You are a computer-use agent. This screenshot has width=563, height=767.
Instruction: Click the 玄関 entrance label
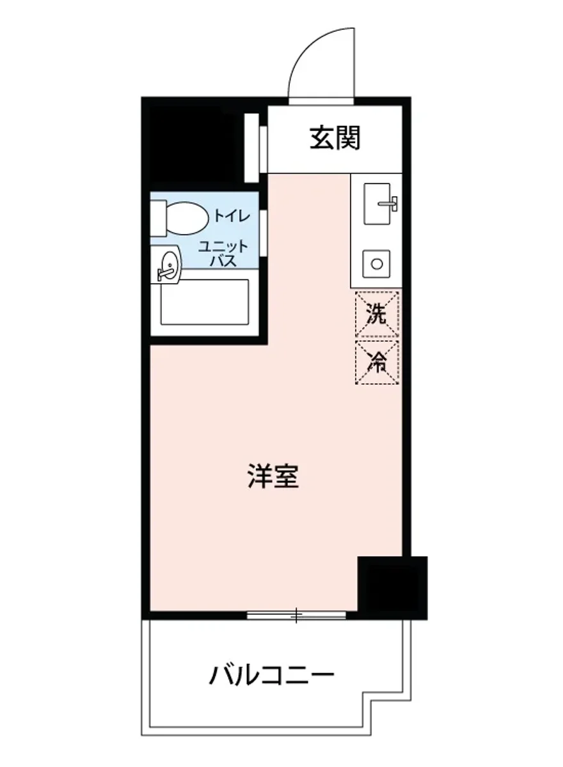(335, 138)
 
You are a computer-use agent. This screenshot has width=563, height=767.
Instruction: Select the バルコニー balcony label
(272, 675)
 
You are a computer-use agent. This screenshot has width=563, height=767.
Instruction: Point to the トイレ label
(232, 215)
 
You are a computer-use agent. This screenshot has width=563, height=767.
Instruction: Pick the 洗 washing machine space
(377, 314)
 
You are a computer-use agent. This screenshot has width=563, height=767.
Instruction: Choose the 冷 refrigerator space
(377, 362)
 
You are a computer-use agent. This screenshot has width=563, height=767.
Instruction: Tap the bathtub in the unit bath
(203, 302)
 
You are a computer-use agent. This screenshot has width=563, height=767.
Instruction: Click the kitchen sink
(377, 203)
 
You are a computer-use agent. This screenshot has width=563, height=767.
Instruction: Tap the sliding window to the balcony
(296, 616)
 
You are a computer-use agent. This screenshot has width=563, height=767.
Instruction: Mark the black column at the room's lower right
(392, 587)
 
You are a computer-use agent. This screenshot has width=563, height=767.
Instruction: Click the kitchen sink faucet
(390, 205)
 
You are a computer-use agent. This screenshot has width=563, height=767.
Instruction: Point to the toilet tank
(158, 217)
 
